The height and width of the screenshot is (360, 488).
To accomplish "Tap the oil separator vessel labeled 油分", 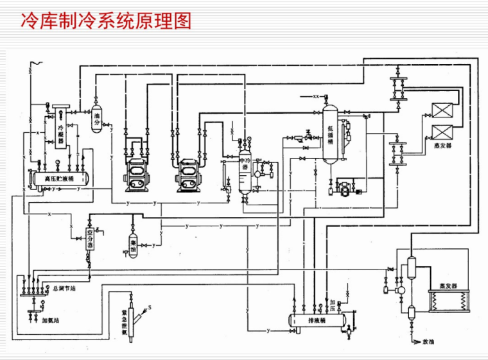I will tap(97, 116).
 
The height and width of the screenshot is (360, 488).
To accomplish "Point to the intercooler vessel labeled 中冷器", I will tap(245, 168).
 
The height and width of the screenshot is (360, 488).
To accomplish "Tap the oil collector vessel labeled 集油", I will tap(133, 244).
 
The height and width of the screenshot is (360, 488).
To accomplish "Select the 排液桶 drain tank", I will tap(314, 319).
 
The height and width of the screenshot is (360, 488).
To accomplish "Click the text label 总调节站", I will tap(64, 288).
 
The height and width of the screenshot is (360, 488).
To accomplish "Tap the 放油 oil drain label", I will tap(429, 341).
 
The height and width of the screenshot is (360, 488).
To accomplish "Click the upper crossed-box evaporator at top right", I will tap(442, 109).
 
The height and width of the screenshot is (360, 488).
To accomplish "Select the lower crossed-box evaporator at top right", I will tap(442, 132).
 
